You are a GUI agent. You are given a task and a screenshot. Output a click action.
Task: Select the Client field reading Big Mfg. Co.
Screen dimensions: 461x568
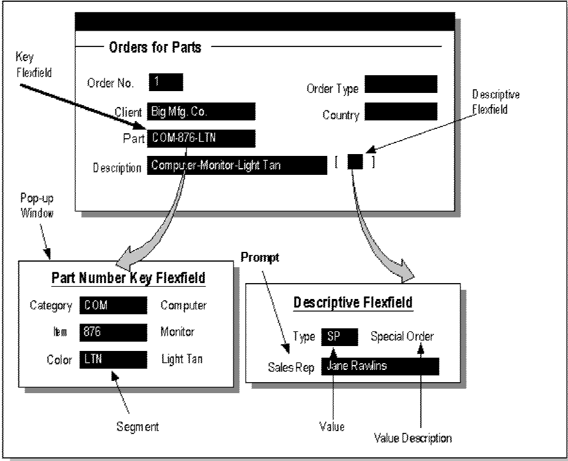201,111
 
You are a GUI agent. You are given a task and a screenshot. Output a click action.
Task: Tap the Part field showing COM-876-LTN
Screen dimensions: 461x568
201,139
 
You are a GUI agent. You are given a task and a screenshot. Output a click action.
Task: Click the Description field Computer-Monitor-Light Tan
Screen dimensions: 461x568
237,166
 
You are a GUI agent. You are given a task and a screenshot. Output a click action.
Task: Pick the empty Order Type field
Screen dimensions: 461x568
400,84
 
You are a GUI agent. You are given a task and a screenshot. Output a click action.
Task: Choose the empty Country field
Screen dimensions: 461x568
400,112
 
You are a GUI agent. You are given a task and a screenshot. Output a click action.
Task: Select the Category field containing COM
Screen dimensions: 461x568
113,305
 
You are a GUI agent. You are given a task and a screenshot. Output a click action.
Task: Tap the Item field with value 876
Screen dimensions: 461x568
113,332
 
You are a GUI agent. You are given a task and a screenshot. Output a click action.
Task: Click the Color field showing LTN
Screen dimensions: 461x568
113,360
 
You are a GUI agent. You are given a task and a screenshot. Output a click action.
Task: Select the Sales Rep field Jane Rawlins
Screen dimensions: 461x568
379,366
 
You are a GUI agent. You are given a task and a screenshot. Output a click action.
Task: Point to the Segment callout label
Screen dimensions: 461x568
138,427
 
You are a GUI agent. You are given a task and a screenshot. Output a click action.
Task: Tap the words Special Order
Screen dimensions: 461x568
404,337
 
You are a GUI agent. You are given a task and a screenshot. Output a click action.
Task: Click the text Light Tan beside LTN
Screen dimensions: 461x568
182,360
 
